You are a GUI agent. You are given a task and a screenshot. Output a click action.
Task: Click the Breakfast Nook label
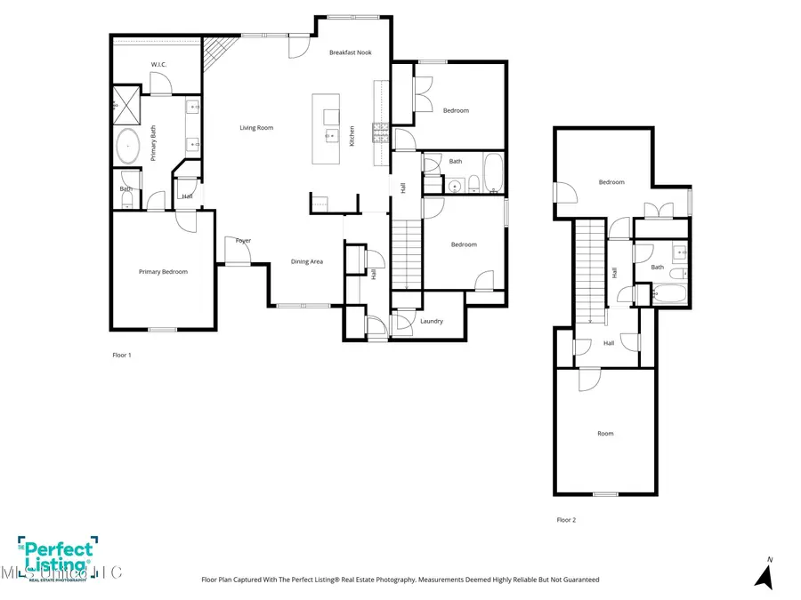click(350, 52)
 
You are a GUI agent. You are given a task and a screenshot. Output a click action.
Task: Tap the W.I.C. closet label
click(159, 64)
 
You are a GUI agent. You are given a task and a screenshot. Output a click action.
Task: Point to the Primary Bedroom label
click(163, 272)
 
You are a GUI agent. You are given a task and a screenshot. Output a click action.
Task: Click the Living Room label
click(256, 128)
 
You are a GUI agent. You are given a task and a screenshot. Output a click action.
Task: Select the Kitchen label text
click(352, 135)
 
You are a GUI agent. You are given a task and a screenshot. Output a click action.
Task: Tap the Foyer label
click(243, 240)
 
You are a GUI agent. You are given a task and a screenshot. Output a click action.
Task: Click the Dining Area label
click(307, 261)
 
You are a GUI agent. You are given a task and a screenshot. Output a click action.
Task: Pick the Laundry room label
click(432, 321)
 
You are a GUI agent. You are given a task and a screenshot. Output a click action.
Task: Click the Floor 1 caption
click(121, 355)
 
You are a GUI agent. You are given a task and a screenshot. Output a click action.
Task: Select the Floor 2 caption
click(566, 520)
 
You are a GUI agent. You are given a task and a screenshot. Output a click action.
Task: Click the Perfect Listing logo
click(55, 557)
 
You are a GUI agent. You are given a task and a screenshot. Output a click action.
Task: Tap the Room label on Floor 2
click(605, 434)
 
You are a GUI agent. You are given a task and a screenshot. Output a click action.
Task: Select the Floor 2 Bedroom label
click(611, 182)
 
